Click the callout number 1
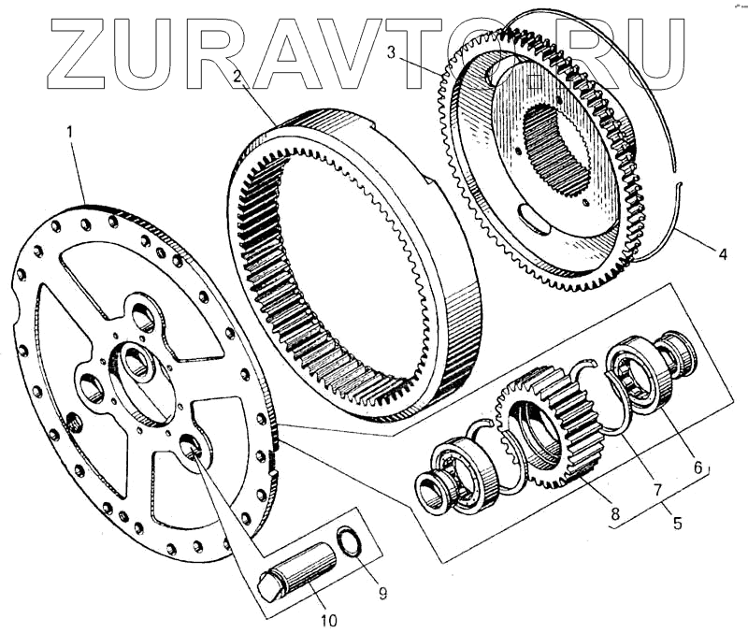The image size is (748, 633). [70, 132]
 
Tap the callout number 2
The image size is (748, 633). [237, 77]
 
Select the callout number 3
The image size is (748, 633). [391, 52]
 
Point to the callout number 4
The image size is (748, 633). [723, 253]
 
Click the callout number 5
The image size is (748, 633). [677, 523]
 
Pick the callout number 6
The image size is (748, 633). [698, 468]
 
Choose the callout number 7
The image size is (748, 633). [658, 489]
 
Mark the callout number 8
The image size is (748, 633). [615, 513]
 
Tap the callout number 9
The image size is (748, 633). [382, 593]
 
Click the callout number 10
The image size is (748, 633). [329, 621]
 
